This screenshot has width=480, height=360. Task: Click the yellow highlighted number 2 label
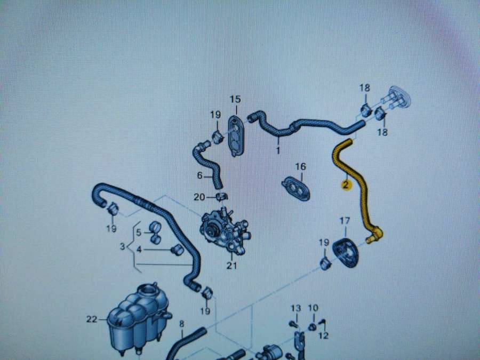346,185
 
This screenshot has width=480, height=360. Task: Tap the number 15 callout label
235,99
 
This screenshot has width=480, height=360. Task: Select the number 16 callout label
300,166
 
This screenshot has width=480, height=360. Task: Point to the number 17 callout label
345,220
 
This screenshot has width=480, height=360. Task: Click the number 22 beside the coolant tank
92,319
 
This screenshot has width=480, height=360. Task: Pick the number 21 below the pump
232,266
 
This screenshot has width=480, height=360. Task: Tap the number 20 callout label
199,197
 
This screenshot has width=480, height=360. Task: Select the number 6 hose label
199,175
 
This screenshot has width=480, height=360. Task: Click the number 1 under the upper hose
278,150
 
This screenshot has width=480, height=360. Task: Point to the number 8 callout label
181,324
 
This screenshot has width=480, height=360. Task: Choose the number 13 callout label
295,308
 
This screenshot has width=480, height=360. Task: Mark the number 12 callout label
323,335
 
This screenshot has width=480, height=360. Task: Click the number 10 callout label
313,308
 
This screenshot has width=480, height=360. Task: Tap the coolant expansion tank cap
148,289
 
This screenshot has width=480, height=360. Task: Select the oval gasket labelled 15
236,135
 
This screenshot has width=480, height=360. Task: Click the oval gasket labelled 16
296,189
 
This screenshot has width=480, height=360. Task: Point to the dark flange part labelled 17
345,253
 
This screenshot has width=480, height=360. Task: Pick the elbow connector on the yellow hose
375,235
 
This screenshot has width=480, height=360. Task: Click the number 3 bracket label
123,246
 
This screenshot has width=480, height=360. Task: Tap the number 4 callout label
139,250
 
